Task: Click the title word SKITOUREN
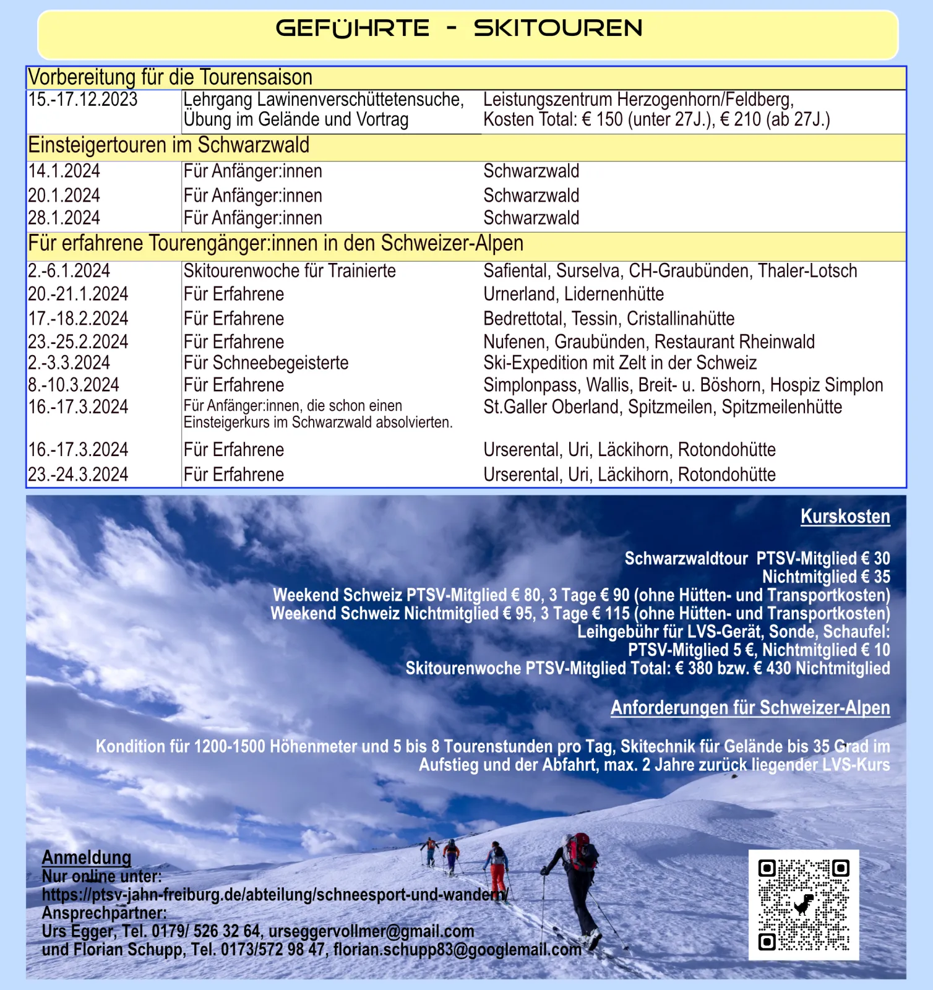[557, 28]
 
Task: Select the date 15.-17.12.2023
[83, 100]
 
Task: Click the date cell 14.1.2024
[64, 171]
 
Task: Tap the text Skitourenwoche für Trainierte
[289, 271]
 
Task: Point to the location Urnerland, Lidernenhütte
[573, 294]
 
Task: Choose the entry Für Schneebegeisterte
[265, 363]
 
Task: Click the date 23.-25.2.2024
[78, 342]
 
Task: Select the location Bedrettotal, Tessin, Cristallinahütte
[609, 319]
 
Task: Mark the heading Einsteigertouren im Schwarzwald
[168, 145]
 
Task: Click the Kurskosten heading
[845, 517]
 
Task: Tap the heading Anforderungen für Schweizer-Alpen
[750, 708]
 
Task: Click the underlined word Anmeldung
[87, 858]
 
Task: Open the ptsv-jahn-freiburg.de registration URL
[275, 895]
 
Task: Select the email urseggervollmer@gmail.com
[371, 931]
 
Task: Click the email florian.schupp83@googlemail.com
[457, 950]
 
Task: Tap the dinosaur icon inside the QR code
[803, 905]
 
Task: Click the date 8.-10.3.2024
[74, 385]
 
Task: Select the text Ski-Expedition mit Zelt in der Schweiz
[620, 363]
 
